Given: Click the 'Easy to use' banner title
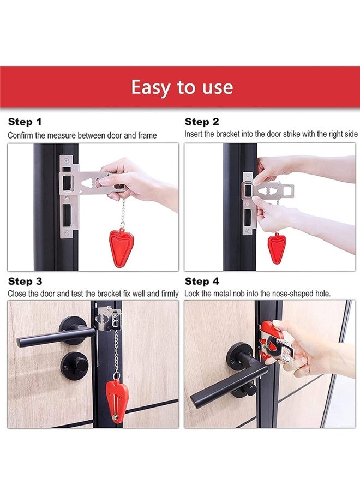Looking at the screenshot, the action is tap(182, 87).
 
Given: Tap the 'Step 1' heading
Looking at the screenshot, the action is tap(25, 122).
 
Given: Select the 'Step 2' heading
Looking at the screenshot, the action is tap(202, 122).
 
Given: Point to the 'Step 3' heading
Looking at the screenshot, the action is tap(25, 281).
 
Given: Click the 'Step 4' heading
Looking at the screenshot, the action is tap(202, 281).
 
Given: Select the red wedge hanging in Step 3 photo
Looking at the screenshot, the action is tap(116, 401).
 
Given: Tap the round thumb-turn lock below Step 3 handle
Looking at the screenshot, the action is tap(75, 366).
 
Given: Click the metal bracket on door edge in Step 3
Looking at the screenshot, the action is tap(109, 319).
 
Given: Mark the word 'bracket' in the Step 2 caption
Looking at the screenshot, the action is tap(227, 134).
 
